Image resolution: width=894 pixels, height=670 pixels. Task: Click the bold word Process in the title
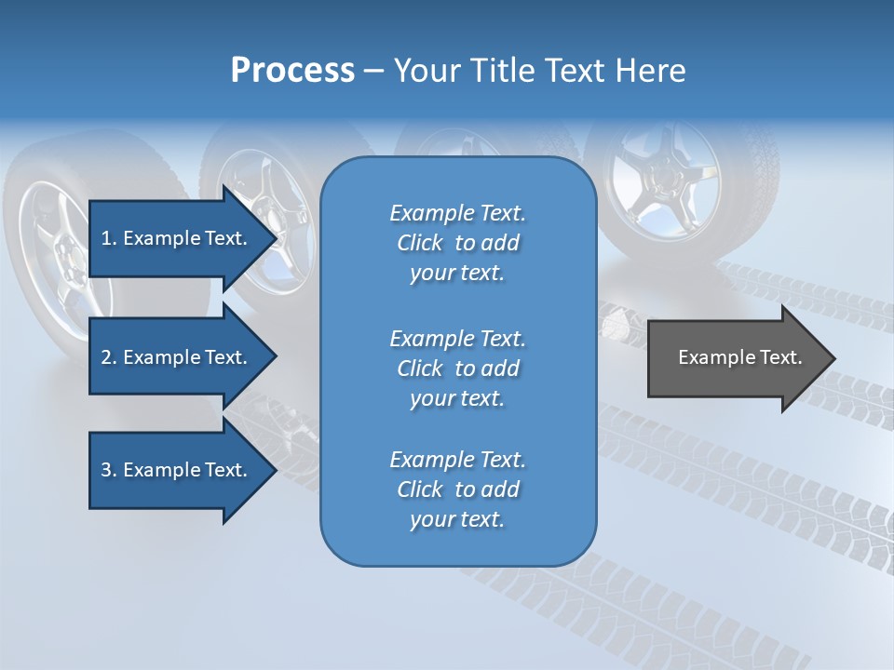[x=292, y=71]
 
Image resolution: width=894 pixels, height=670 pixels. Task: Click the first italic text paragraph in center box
[x=457, y=243]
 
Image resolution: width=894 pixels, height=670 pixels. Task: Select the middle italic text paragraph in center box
[x=457, y=368]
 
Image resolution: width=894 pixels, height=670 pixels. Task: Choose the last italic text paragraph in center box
[x=457, y=489]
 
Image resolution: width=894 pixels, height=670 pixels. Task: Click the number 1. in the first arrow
[x=109, y=238]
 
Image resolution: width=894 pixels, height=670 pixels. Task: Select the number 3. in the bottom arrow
[x=109, y=470]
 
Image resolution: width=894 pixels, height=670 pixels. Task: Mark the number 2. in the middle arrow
[x=109, y=357]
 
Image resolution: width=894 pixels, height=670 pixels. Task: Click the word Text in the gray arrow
[x=782, y=357]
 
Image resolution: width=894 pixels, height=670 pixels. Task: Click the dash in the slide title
[x=374, y=71]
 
